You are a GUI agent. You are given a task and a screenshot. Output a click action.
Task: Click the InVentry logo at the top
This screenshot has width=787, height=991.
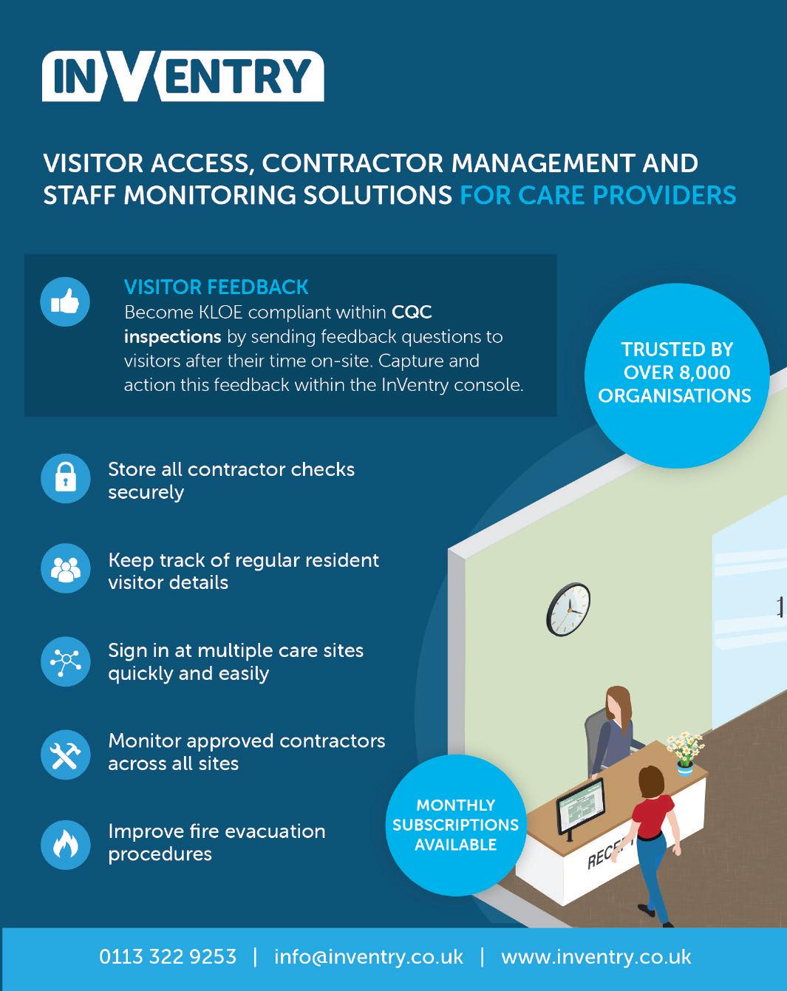[183, 75]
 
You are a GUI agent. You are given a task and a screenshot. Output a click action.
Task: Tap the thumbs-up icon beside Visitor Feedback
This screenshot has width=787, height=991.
[65, 302]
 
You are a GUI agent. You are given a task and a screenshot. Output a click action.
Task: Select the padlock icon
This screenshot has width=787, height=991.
[65, 478]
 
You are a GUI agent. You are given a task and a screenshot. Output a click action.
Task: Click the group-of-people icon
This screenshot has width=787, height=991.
[65, 568]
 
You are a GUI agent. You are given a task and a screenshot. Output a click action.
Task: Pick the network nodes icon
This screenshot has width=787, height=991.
[65, 661]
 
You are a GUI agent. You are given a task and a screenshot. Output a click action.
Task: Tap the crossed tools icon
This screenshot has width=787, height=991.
[65, 754]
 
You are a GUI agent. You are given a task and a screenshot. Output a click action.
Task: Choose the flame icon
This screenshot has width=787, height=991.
[65, 844]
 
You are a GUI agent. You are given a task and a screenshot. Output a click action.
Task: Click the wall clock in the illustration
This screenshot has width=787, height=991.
[568, 609]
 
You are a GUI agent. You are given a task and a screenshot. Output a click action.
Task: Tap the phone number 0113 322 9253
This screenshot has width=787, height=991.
[168, 957]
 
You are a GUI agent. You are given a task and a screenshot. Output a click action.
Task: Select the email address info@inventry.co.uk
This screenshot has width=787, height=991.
[368, 957]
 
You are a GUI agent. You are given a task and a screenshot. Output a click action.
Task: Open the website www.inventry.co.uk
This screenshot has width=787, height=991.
[596, 957]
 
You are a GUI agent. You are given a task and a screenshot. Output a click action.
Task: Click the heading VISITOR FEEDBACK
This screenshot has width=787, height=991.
[216, 287]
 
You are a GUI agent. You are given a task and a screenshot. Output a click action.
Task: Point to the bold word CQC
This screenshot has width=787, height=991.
[412, 312]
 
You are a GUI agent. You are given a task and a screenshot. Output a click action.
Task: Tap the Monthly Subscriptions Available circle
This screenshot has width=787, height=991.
[455, 825]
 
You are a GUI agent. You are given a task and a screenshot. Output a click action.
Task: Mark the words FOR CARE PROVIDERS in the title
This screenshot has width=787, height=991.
[598, 195]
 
